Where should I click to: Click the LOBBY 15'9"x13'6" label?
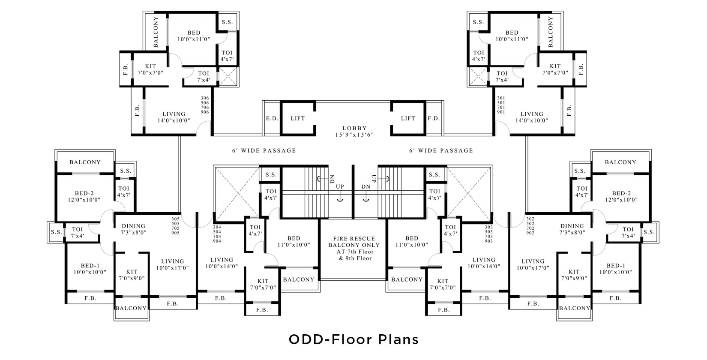click(x=354, y=131)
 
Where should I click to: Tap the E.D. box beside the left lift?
click(x=270, y=118)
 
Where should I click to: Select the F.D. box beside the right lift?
click(x=434, y=118)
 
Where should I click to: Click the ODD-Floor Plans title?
click(x=353, y=339)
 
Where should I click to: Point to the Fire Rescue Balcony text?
click(x=354, y=248)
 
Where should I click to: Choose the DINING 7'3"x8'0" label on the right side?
click(x=572, y=229)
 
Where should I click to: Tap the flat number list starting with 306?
click(x=205, y=105)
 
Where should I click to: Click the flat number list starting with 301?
click(x=500, y=105)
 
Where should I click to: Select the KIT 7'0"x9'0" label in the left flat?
click(x=132, y=275)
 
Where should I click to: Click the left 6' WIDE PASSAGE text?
click(x=264, y=150)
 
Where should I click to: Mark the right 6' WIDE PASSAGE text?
click(x=441, y=150)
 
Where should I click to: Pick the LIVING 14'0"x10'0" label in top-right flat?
click(x=531, y=117)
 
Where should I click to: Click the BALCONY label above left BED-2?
click(x=85, y=162)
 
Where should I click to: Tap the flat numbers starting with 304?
click(x=217, y=234)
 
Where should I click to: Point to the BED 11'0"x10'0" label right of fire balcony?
click(x=412, y=241)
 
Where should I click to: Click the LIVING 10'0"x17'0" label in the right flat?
click(x=533, y=264)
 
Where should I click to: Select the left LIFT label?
click(x=297, y=118)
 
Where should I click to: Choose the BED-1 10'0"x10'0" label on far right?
click(x=616, y=269)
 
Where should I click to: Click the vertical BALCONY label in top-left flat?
click(x=155, y=32)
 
